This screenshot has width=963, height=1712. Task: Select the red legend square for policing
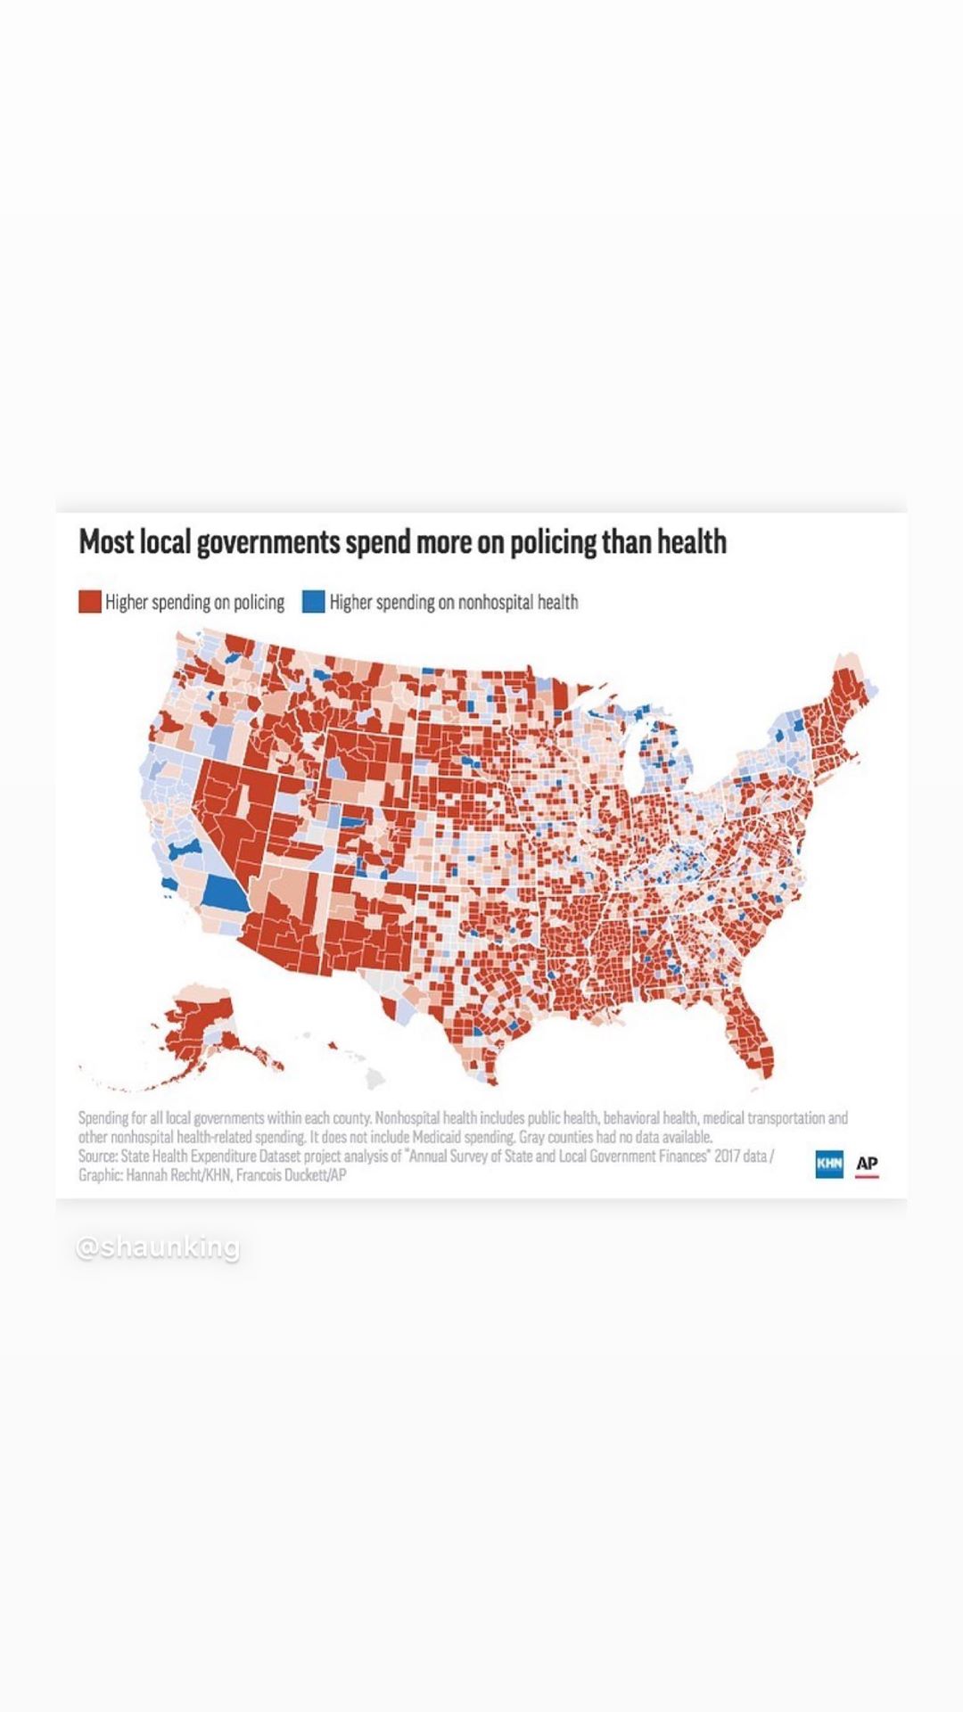tap(89, 602)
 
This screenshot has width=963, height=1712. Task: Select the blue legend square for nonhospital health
tap(313, 602)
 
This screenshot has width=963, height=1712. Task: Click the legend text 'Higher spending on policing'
tap(194, 603)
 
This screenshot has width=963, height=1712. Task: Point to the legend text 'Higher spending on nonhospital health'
tap(454, 603)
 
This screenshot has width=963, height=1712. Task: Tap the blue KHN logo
tap(829, 1164)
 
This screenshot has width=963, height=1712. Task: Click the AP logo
tap(867, 1164)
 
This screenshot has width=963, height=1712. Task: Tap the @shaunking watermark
tap(158, 1247)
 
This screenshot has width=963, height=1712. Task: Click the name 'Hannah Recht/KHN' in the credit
tap(178, 1175)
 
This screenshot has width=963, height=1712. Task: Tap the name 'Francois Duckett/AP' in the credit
tap(291, 1175)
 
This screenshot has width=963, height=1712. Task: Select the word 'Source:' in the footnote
tap(96, 1156)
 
